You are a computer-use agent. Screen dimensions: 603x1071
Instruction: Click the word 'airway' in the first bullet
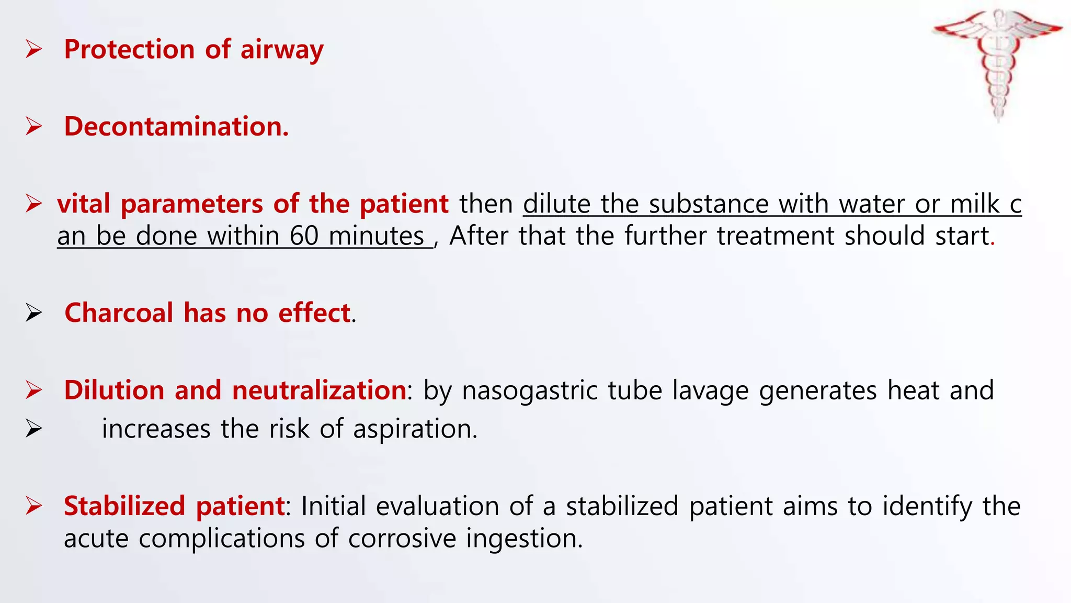click(x=282, y=50)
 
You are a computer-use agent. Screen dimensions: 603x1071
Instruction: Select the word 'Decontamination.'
click(x=176, y=127)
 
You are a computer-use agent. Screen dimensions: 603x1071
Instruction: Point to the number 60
click(x=304, y=236)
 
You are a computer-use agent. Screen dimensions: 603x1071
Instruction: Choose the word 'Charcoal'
click(x=119, y=313)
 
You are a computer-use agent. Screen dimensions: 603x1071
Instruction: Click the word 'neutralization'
click(x=318, y=390)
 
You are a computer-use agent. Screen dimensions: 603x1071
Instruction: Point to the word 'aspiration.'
click(x=415, y=429)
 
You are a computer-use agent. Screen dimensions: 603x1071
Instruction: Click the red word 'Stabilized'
click(x=124, y=506)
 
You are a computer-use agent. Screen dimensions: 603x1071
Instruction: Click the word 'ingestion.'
click(x=524, y=539)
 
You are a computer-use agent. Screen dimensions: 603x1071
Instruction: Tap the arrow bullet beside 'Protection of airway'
click(x=34, y=50)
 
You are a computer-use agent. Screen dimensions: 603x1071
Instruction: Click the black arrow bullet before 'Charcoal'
click(x=34, y=313)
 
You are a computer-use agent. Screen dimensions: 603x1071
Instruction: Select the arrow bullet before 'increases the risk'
click(x=34, y=429)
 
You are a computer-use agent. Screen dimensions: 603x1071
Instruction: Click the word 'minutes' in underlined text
click(x=376, y=236)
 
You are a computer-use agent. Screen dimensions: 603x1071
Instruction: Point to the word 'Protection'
click(x=129, y=50)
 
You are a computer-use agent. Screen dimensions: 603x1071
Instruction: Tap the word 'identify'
click(x=927, y=506)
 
